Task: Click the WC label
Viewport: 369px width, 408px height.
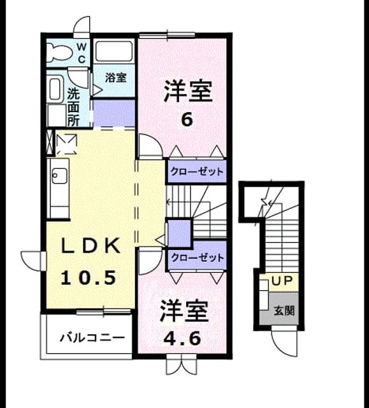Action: [82, 53]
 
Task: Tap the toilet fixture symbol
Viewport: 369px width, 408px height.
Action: [59, 52]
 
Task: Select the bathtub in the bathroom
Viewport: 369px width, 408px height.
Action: [114, 51]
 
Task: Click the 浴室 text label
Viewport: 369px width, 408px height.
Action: [116, 78]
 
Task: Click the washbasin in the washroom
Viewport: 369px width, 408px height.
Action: [55, 89]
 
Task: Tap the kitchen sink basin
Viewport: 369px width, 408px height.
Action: [59, 176]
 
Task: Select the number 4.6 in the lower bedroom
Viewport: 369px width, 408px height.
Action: [182, 339]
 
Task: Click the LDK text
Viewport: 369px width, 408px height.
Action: [90, 245]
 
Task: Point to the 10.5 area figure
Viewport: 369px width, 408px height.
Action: [89, 277]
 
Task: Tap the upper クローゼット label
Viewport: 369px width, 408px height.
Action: [197, 171]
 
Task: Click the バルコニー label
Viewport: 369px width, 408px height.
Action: [92, 338]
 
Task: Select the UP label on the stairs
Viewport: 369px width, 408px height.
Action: [282, 280]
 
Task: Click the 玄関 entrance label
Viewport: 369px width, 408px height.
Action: [284, 310]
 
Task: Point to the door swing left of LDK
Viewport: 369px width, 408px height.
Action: [33, 261]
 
